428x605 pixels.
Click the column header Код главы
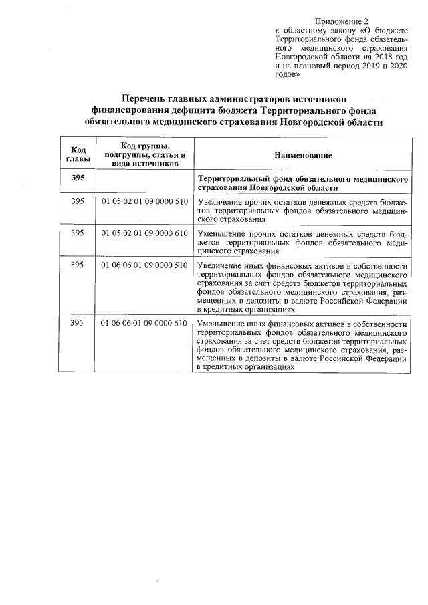(x=77, y=154)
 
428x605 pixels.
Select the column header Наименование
(x=302, y=155)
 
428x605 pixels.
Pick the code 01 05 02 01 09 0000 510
(x=144, y=201)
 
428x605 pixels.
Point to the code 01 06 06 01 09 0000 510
(x=144, y=265)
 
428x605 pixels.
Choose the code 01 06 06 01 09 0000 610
(x=144, y=324)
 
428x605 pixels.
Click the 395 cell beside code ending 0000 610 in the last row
(x=77, y=324)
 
